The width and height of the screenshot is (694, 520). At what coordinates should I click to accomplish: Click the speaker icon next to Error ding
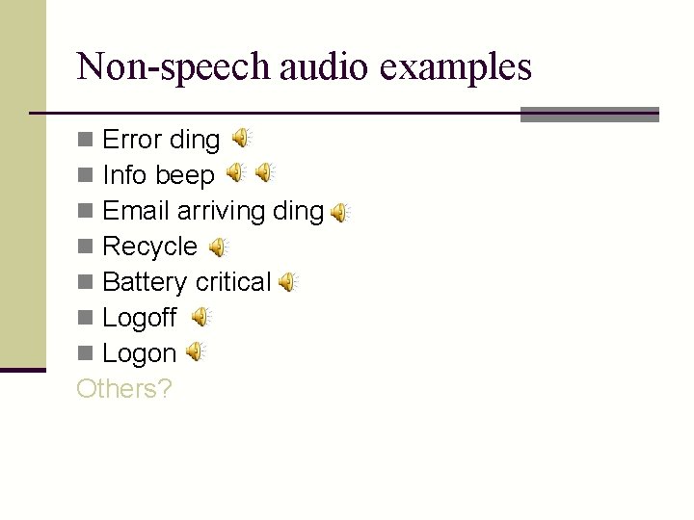[242, 139]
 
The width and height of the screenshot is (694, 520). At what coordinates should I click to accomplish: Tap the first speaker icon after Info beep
[235, 173]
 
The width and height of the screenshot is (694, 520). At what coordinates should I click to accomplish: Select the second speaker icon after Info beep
[265, 173]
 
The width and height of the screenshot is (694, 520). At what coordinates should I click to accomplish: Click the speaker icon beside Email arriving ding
[340, 213]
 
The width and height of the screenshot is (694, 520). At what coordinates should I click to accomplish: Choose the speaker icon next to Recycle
[219, 247]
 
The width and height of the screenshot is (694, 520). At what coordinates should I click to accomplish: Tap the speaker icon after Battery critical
[287, 282]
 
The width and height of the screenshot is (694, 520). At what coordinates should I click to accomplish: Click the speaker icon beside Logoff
[200, 317]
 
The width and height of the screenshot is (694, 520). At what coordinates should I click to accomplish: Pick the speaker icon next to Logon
[196, 352]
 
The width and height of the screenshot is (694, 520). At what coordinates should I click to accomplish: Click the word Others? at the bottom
[123, 389]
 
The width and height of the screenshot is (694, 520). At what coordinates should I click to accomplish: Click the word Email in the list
[136, 211]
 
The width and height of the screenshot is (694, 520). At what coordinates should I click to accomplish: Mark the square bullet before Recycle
[85, 247]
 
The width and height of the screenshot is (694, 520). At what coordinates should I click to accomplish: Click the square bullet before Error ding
[85, 141]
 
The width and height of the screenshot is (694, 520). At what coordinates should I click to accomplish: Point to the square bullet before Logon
[85, 354]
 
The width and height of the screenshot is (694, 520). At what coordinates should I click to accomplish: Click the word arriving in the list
[221, 211]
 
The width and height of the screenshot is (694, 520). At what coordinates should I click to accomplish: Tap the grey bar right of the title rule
[589, 114]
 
